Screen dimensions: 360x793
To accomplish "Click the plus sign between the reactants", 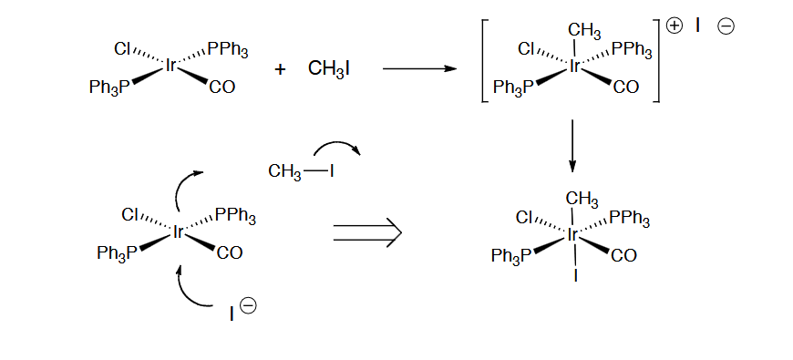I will click(x=281, y=69).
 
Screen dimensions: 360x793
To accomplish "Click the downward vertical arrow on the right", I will click(x=572, y=146).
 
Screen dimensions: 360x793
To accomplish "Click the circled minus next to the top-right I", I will click(x=726, y=26).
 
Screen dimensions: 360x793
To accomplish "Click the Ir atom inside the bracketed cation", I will click(x=575, y=67).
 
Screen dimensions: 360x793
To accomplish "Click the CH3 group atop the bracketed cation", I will click(x=583, y=32).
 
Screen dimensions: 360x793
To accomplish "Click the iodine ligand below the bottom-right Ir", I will click(x=575, y=274).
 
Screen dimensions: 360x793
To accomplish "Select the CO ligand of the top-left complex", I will click(x=221, y=87).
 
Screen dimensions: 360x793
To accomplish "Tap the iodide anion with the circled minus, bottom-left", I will click(x=234, y=314).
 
